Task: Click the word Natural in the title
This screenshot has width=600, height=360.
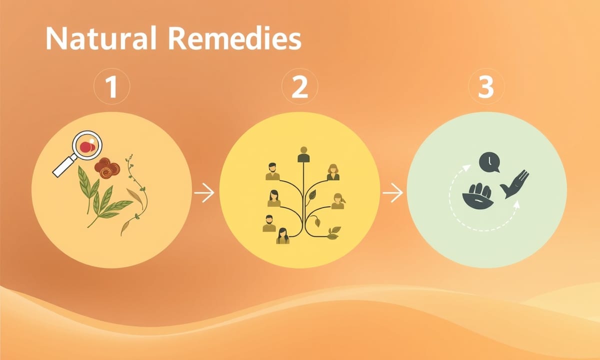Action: coord(100,38)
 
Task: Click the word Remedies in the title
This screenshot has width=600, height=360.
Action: coord(234,38)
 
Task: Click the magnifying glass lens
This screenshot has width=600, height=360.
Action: coord(87,145)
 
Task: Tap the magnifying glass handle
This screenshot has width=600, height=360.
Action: coord(64,167)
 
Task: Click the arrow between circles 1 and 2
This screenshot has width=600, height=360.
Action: coord(204,192)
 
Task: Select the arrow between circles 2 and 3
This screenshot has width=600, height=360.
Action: coord(392,192)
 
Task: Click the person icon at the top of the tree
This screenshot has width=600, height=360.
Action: coord(303,154)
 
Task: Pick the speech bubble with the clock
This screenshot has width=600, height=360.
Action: coord(489,162)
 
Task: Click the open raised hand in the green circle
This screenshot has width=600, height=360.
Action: coord(515,184)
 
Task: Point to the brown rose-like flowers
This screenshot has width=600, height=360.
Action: coord(107,168)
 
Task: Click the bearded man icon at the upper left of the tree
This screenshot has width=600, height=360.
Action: coord(272,171)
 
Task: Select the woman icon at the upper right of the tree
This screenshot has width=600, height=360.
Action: coord(333,172)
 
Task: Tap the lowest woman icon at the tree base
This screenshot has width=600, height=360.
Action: coord(282,236)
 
